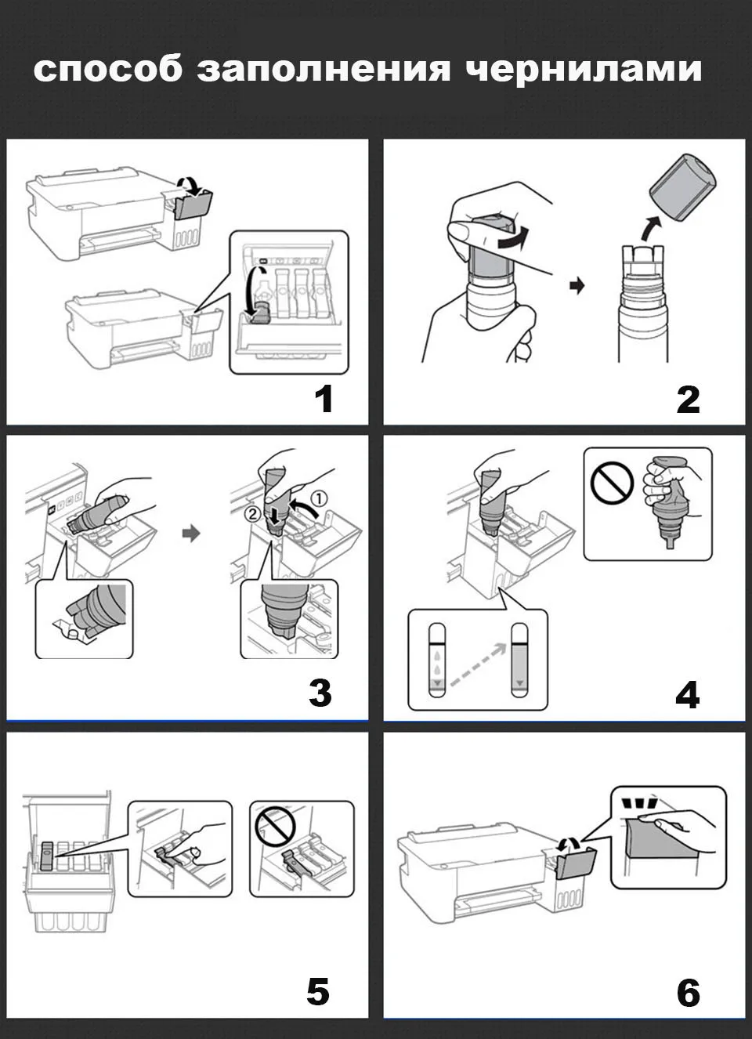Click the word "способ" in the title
pos(107,69)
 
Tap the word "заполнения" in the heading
pos(324,69)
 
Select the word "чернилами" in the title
pos(584,69)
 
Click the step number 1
pos(324,399)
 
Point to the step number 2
pos(688,400)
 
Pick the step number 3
pos(320,693)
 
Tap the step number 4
pos(687,694)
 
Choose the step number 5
pos(317,992)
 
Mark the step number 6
pos(688,994)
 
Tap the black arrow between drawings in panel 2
pos(577,286)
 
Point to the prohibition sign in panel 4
pos(612,482)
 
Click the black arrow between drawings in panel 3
pos(190,534)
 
